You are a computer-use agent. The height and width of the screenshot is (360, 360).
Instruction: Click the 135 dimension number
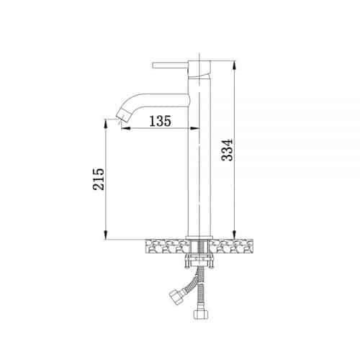tap(161, 121)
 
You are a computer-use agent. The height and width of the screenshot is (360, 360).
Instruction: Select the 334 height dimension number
tap(227, 150)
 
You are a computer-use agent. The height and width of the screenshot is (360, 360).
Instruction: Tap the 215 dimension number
tap(99, 179)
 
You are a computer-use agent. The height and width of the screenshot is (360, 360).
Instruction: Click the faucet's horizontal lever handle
tap(170, 66)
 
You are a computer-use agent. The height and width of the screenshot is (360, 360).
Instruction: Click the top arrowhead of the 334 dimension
tap(235, 65)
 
